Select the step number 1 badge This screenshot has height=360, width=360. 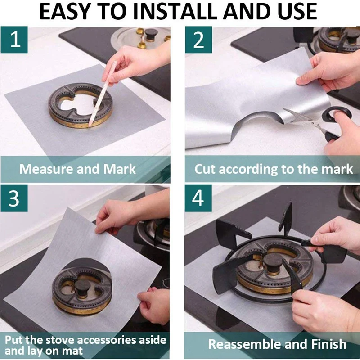click(14, 40)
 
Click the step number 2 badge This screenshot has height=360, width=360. click(198, 40)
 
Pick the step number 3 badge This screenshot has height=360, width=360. click(14, 198)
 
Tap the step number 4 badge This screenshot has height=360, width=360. click(198, 198)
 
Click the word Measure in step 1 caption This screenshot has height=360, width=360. click(46, 169)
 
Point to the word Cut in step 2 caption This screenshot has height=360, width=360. click(205, 169)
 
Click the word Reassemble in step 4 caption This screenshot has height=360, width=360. click(244, 344)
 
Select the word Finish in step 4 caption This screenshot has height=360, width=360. click(329, 344)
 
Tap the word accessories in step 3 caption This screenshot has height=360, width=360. click(107, 340)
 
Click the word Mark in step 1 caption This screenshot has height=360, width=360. click(119, 169)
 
